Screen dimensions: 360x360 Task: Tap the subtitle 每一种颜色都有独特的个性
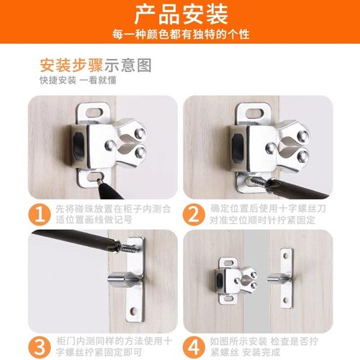pyautogui.click(x=180, y=35)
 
